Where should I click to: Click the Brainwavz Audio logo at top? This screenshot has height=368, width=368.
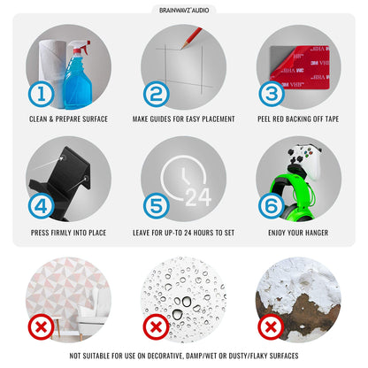click(x=184, y=10)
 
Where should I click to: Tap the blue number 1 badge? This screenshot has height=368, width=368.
click(x=42, y=95)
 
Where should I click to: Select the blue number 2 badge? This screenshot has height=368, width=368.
click(x=157, y=95)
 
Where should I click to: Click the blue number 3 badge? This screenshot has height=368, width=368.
click(x=272, y=94)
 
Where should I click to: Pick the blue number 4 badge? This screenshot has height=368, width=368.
click(x=41, y=206)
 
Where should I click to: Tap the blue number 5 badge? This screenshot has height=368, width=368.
click(x=157, y=206)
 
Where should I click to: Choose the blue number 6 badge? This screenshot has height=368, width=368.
click(x=272, y=205)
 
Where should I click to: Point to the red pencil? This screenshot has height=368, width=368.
click(x=191, y=38)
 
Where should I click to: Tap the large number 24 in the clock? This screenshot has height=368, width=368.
click(x=198, y=197)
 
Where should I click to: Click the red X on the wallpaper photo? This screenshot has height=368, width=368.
click(x=41, y=326)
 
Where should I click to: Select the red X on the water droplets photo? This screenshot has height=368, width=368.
click(x=157, y=326)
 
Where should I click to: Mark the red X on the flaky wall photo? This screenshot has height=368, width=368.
click(x=271, y=326)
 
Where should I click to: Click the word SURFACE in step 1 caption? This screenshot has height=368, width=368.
click(x=94, y=119)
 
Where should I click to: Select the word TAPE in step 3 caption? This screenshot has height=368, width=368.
click(x=332, y=119)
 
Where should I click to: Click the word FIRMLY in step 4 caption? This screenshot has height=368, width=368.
click(x=61, y=233)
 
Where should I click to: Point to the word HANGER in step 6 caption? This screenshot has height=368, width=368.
click(x=317, y=233)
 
